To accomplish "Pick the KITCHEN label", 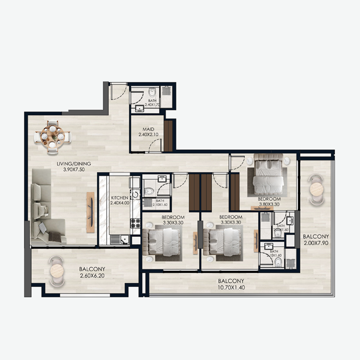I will click(119, 198).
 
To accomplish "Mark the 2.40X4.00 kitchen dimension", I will click(119, 203).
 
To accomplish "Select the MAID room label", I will click(143, 130).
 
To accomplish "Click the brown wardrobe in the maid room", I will click(168, 135).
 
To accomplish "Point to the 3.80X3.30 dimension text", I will click(269, 204).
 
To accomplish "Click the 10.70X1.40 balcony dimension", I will click(231, 287).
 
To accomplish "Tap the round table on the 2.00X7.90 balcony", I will click(316, 189).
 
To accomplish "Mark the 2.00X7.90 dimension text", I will click(315, 243).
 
